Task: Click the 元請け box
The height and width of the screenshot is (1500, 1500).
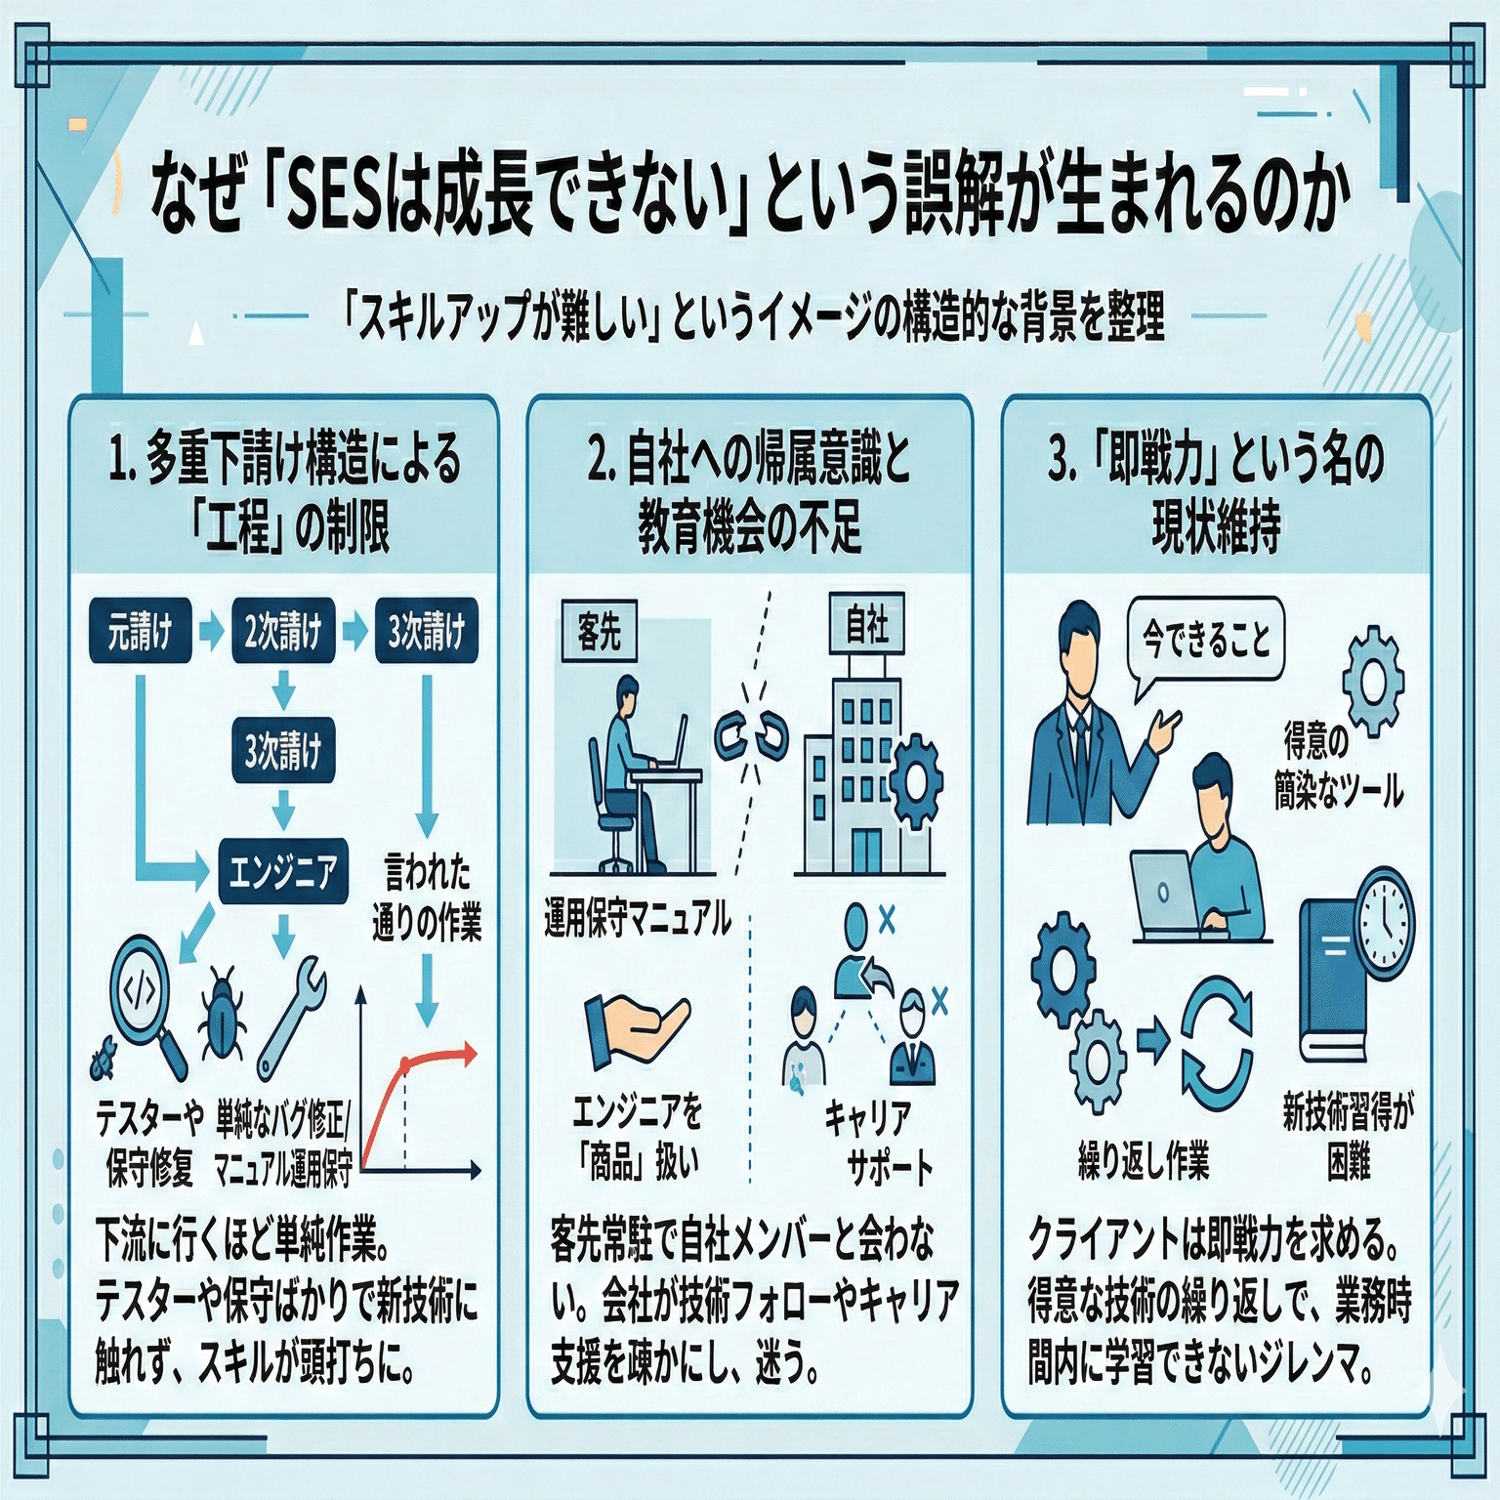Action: (141, 631)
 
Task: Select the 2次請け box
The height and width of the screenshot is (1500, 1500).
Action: (283, 631)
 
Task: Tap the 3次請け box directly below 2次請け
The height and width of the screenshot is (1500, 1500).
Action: (283, 750)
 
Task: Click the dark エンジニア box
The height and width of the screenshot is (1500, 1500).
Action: (283, 870)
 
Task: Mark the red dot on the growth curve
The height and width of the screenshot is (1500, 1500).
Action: (404, 1063)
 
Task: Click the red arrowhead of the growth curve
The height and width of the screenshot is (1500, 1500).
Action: (470, 1054)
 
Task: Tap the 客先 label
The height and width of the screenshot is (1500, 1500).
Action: (599, 631)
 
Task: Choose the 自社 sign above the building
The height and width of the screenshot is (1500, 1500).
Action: (867, 623)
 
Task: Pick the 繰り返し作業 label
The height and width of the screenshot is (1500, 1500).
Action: (1144, 1160)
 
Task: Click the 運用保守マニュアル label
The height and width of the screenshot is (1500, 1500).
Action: (638, 918)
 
